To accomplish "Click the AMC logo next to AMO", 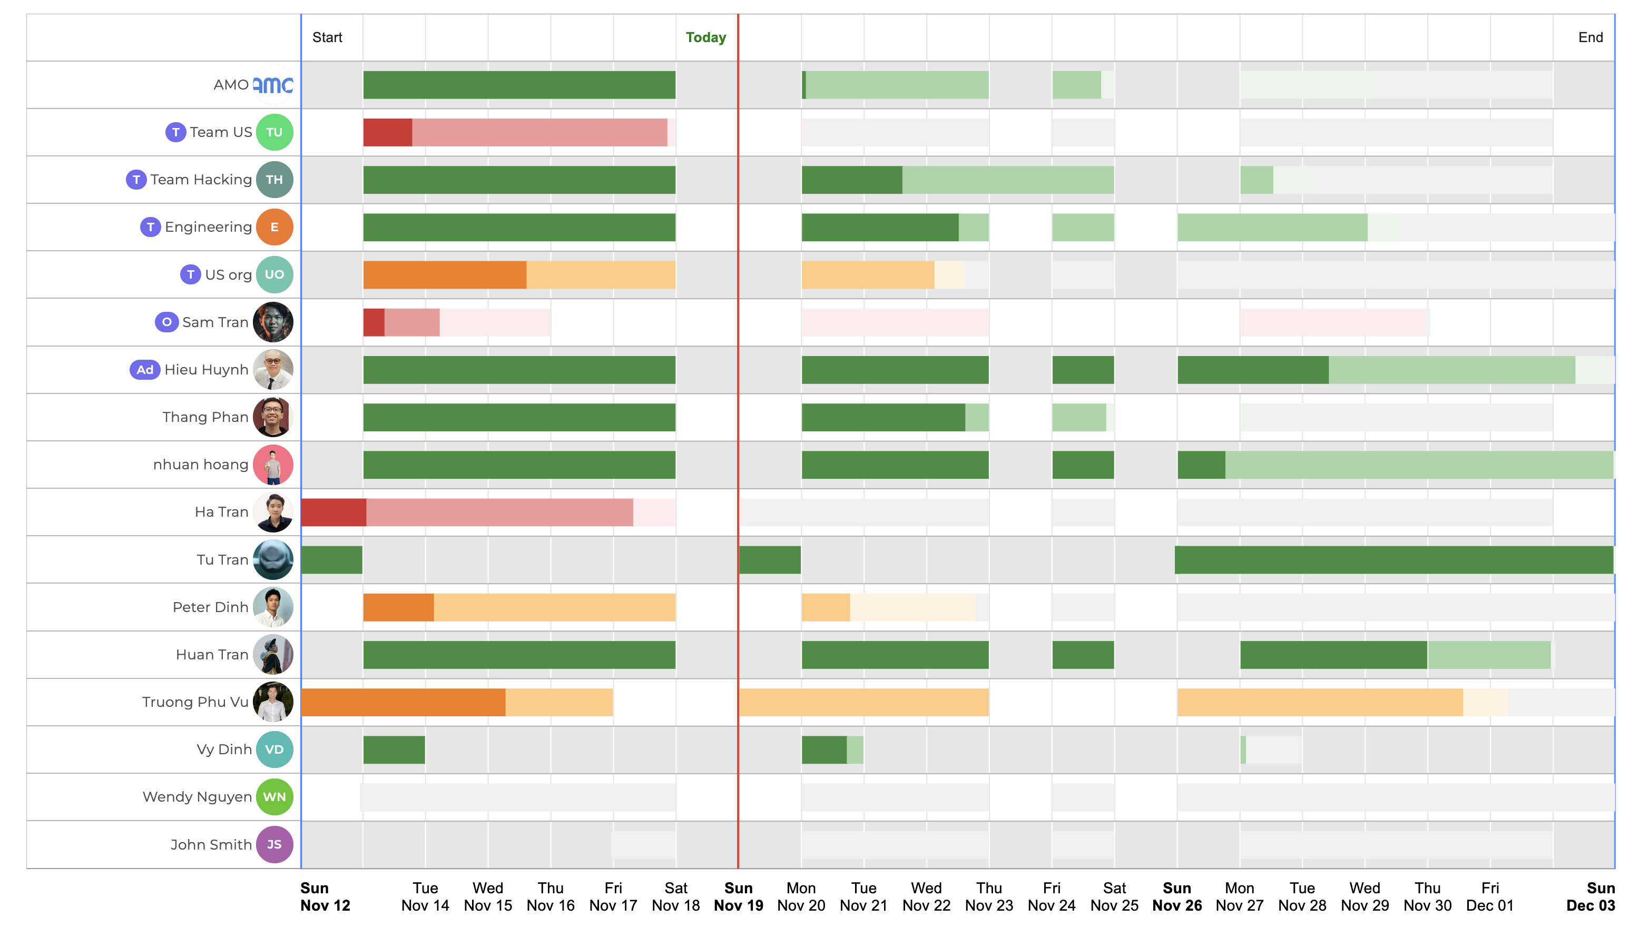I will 273,84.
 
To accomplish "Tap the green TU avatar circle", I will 274,132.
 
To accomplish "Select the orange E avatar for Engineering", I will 274,226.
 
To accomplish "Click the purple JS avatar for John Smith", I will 274,844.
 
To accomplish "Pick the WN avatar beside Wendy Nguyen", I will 274,797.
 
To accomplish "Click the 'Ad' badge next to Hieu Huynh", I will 145,369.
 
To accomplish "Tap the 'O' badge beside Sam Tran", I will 166,322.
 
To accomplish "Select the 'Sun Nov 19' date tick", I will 738,896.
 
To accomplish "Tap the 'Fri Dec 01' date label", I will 1489,896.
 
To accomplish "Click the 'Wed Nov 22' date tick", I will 926,896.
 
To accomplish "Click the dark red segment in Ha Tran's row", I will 333,512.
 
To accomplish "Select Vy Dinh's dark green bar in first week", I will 394,750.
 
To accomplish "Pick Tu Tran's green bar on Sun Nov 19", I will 770,559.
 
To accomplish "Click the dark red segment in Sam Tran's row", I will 374,322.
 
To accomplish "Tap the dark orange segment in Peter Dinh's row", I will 398,607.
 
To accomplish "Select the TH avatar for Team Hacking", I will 274,179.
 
